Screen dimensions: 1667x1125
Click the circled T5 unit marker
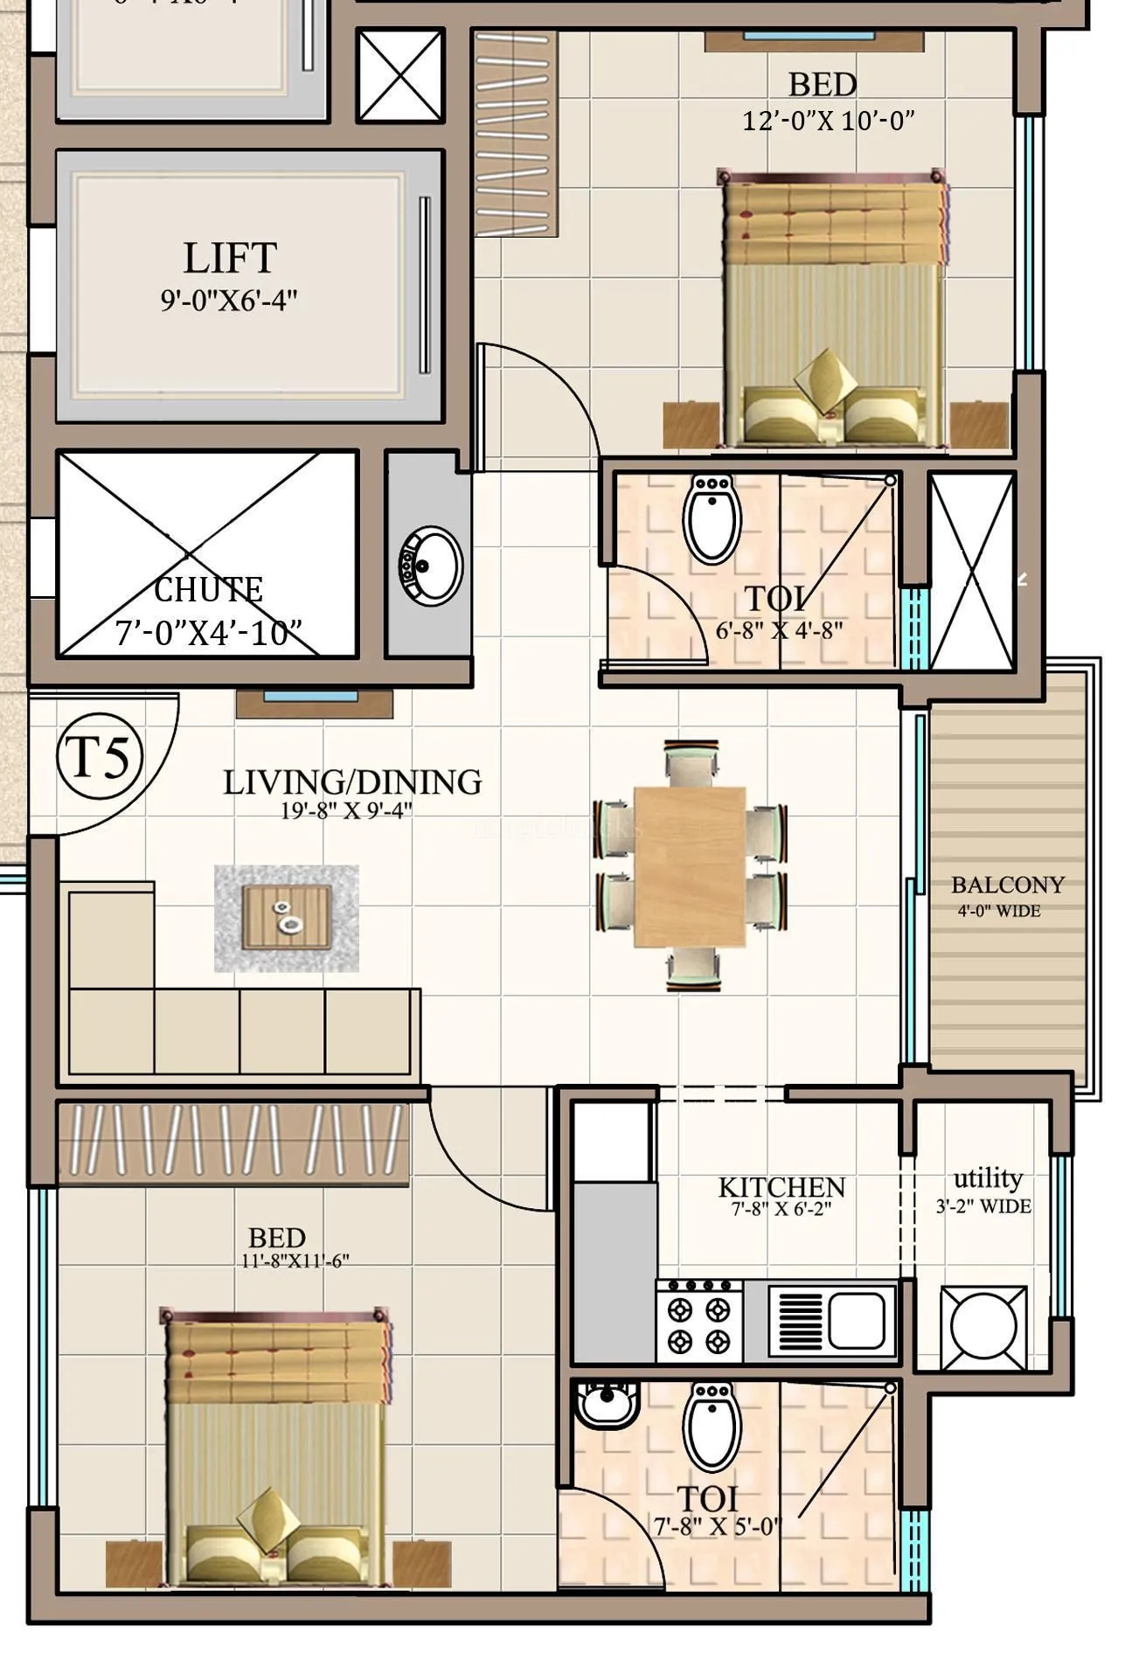coord(100,757)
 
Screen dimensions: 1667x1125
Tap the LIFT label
coord(230,258)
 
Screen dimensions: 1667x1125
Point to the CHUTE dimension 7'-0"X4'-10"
coord(208,632)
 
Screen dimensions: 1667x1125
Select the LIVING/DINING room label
coord(352,782)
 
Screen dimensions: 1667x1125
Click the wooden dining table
coord(690,865)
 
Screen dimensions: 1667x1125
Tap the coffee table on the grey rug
coord(287,916)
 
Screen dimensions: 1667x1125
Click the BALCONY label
coord(1007,885)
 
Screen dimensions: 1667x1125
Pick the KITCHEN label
coord(781,1187)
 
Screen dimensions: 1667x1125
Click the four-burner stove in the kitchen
coord(699,1323)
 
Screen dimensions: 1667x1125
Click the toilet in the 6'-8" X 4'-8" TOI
coord(715,519)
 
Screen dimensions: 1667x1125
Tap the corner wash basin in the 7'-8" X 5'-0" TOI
coord(607,1405)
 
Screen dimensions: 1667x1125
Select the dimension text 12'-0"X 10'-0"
coord(828,121)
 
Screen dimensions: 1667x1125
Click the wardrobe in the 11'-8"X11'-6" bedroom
coord(233,1142)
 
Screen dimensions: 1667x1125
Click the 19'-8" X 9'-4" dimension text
coord(346,810)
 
